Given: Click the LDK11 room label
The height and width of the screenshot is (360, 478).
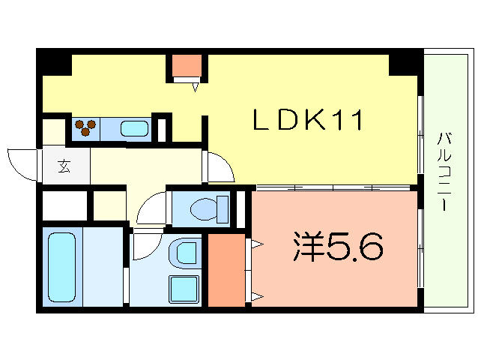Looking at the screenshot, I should click(308, 121).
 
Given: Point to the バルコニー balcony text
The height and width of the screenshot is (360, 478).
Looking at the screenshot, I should click(444, 172).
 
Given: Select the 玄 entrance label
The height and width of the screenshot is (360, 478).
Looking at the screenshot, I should click(64, 166).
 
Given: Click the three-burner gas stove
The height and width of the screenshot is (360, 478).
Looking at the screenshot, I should click(86, 127).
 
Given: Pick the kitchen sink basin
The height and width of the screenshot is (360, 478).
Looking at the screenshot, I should click(135, 128).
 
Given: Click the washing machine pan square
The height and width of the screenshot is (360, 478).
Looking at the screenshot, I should click(184, 289).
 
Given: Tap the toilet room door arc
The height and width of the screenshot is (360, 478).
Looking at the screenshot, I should click(151, 205).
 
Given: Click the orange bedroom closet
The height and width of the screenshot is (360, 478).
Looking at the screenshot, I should click(226, 270).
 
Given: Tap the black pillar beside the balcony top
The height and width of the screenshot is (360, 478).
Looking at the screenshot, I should click(405, 62).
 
